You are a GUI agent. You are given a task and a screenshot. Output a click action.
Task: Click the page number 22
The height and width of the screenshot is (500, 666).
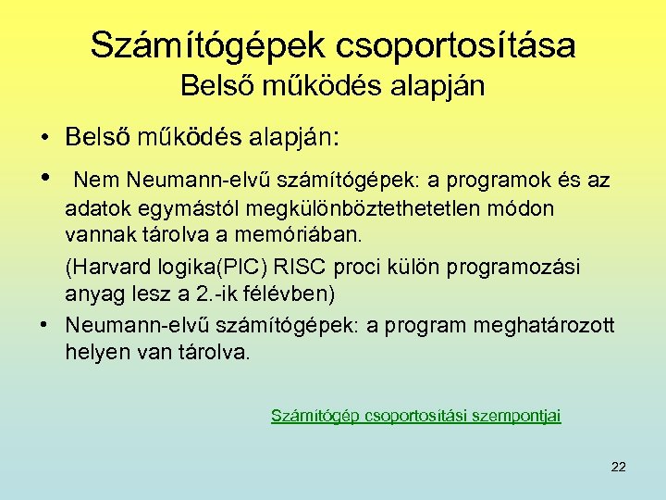tap(619, 466)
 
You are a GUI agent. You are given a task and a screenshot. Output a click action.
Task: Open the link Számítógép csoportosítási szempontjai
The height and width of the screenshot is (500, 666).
tap(415, 416)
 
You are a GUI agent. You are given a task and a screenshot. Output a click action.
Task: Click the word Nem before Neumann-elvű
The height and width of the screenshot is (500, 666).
tap(92, 179)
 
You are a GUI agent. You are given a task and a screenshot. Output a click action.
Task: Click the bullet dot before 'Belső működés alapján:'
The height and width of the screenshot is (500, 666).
tap(44, 139)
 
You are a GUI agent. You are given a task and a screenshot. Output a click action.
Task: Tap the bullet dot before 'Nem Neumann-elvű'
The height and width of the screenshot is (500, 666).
tap(44, 178)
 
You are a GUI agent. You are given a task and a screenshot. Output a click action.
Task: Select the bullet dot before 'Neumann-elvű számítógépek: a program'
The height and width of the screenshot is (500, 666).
tap(44, 326)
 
